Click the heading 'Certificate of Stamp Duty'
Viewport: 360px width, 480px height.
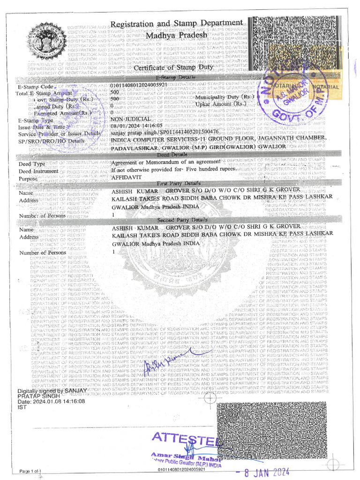pos(173,67)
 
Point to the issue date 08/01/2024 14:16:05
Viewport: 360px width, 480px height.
pos(136,126)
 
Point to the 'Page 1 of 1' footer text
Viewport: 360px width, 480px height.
pos(30,471)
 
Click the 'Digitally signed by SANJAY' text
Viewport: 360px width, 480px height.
pos(52,390)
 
